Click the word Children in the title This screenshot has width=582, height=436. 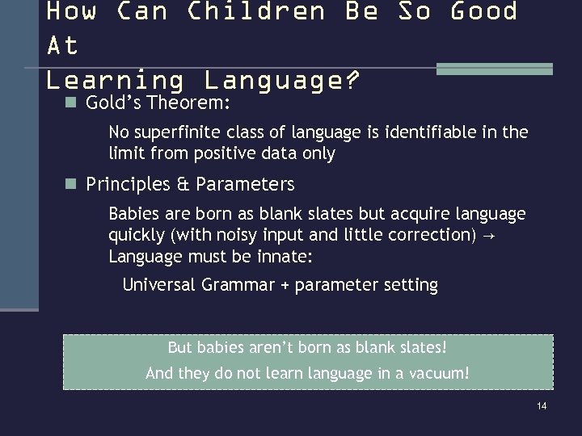coord(255,11)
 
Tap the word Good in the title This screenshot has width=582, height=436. coord(483,11)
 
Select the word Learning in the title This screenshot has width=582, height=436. coord(115,81)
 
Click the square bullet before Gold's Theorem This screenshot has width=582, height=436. coord(71,103)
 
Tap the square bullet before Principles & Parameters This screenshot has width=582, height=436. coord(71,183)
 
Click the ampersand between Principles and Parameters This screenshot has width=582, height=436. coord(183,184)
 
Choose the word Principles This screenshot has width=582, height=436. coord(128,184)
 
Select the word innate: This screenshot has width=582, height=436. coord(284,257)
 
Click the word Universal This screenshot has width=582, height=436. coord(158,285)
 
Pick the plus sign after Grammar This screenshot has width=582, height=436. coord(284,286)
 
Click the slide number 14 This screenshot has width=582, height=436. coord(542,405)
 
